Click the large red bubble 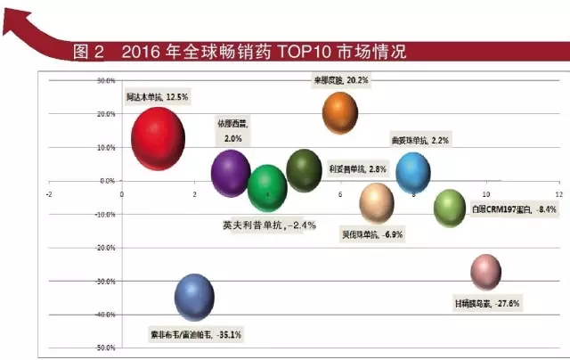[x=158, y=138]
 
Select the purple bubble [x=230, y=173]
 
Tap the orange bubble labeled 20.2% [x=339, y=111]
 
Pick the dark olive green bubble [x=304, y=169]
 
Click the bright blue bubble [x=412, y=172]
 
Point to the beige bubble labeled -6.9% [x=376, y=203]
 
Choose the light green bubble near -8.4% [x=449, y=208]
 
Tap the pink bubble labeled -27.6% [x=485, y=272]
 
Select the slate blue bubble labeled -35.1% [x=193, y=298]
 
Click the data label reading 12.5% [x=157, y=97]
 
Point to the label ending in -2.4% [x=269, y=225]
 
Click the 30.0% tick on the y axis [x=105, y=80]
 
